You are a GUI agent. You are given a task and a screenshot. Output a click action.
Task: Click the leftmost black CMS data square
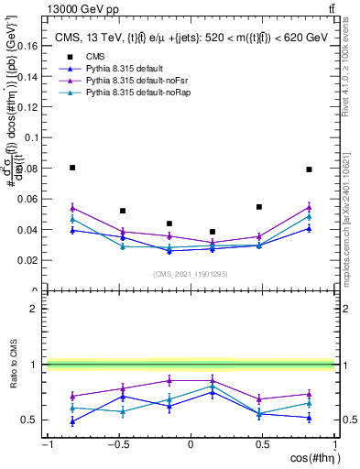(72, 168)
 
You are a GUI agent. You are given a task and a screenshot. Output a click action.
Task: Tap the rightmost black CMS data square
(309, 169)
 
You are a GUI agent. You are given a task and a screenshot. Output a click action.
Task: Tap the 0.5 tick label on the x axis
(262, 444)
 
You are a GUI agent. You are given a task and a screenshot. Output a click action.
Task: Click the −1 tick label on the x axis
(46, 444)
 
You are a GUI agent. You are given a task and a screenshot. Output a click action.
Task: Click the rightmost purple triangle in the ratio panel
(309, 395)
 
